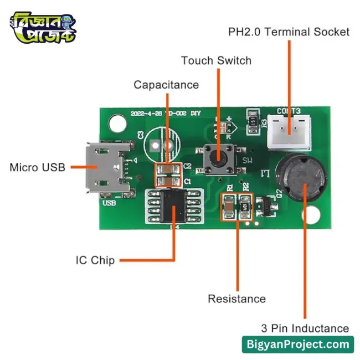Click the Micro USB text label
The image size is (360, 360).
click(37, 167)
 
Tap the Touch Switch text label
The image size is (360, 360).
click(216, 60)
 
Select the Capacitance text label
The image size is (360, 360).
click(166, 85)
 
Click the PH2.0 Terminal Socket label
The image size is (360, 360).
click(289, 32)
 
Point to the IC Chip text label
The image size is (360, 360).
click(95, 260)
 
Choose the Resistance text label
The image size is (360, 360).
click(236, 299)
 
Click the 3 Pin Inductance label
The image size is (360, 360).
click(305, 328)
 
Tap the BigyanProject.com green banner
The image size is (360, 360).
click(298, 344)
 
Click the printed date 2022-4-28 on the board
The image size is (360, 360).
click(145, 113)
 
